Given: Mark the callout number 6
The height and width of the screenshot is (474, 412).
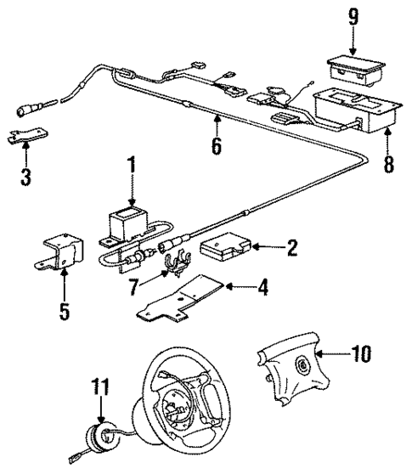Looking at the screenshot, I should (217, 146).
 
